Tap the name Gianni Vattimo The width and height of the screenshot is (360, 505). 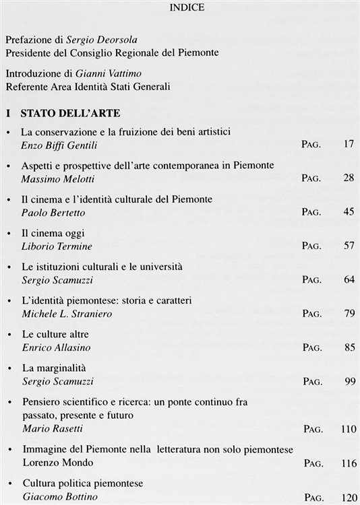(105, 74)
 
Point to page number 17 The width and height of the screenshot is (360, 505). (348, 143)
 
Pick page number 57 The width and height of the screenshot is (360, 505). (348, 245)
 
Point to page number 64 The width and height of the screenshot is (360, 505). (348, 279)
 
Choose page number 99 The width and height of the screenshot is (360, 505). (348, 381)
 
